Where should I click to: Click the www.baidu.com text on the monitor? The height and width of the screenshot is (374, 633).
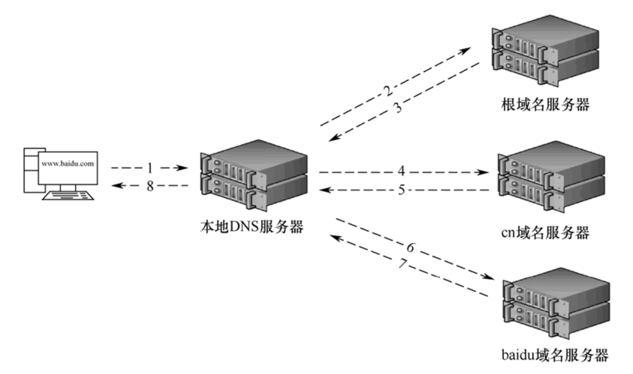tap(68, 163)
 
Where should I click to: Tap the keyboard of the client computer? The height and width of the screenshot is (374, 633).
tap(68, 195)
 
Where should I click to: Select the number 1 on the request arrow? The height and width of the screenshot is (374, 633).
tap(150, 168)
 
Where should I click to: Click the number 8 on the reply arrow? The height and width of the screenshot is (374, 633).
tap(150, 186)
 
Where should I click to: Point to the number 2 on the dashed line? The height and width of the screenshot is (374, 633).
tap(387, 90)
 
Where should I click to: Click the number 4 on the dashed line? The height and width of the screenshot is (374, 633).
tap(401, 171)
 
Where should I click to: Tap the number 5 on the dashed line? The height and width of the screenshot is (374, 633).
tap(401, 190)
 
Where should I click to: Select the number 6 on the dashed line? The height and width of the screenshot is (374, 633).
tap(410, 247)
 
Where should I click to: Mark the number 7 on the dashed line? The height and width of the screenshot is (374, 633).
tap(402, 264)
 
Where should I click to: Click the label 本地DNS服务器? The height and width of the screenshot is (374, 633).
tap(252, 227)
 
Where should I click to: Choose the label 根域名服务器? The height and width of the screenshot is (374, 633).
tap(545, 104)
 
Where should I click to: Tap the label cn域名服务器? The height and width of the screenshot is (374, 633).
tap(545, 233)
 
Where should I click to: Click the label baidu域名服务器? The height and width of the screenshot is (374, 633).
tap(555, 355)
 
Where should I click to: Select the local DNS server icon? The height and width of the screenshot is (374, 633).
tap(254, 175)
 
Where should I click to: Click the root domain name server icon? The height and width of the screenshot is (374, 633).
tap(545, 50)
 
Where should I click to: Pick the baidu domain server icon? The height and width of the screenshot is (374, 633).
tap(556, 303)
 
